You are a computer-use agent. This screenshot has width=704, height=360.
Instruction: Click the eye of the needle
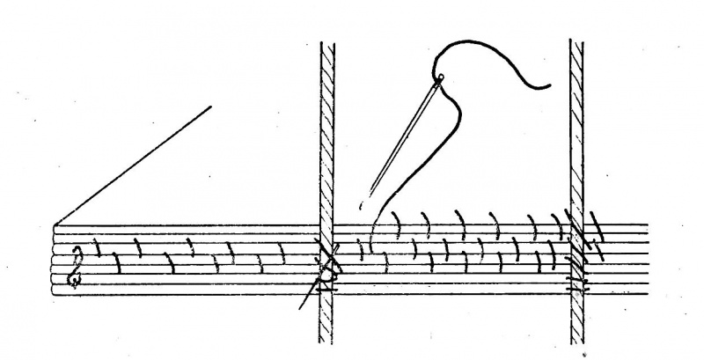coord(440,79)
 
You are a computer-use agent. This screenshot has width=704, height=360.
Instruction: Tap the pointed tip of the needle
coord(370,192)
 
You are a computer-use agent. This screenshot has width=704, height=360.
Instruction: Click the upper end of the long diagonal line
coord(211,107)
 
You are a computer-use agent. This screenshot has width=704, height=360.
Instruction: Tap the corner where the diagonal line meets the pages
coord(55,225)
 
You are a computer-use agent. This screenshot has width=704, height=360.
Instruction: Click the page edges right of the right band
coord(625,255)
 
